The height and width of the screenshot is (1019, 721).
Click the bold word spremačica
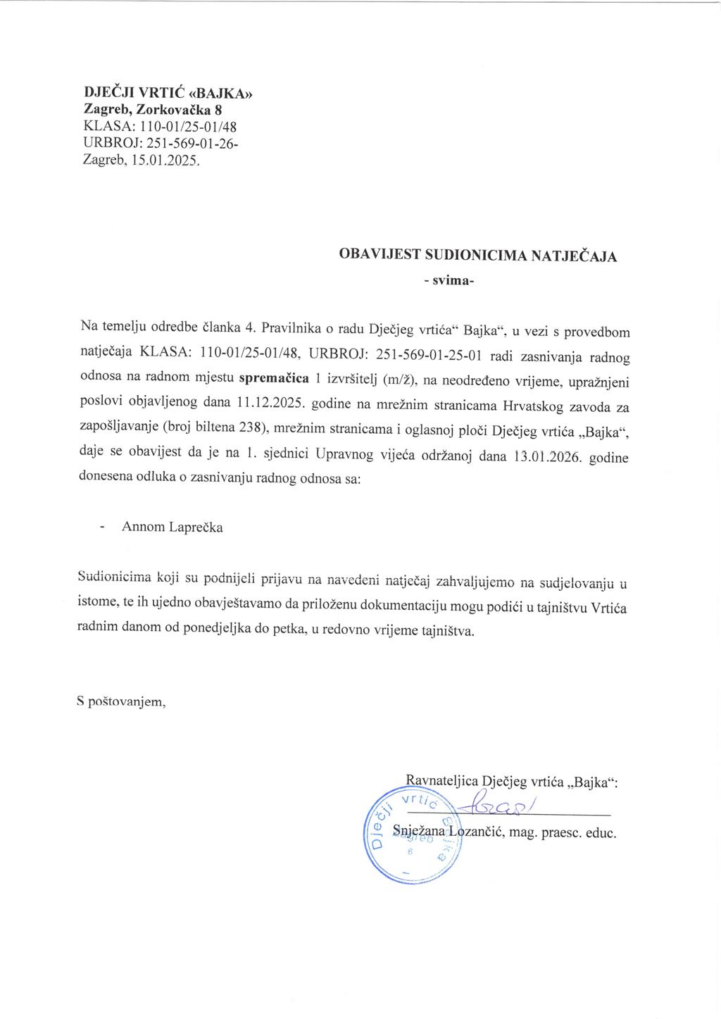275,377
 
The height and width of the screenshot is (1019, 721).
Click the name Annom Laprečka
173,527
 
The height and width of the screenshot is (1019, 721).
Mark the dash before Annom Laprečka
104,527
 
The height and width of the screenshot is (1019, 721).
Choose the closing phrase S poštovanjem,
121,702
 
